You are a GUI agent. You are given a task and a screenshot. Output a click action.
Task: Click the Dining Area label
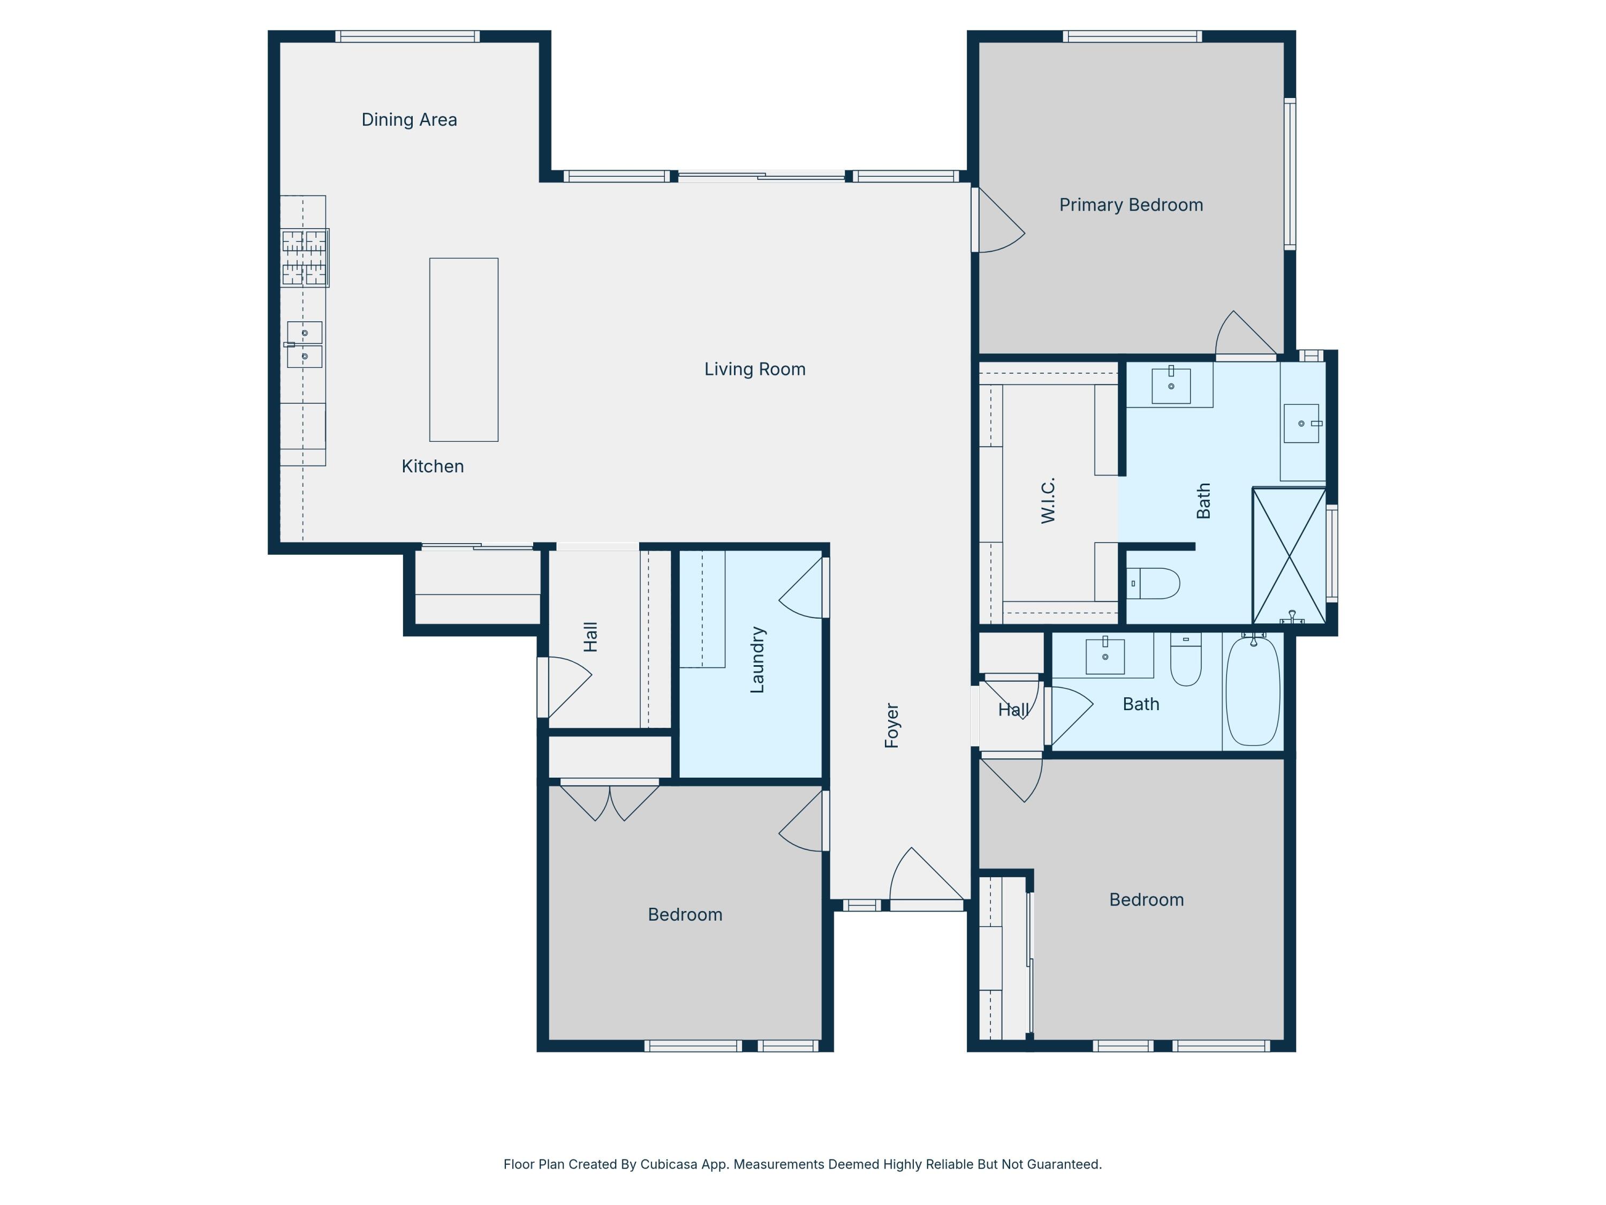(409, 120)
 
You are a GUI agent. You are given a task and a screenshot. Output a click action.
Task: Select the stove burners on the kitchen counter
(304, 258)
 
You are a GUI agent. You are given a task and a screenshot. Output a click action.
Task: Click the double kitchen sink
(304, 345)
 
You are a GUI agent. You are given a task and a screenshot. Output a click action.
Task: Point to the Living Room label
(754, 369)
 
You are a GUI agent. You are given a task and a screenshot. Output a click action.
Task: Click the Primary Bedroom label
(1131, 205)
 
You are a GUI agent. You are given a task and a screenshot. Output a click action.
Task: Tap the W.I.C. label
(1048, 500)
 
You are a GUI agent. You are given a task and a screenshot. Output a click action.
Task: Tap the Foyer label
(891, 725)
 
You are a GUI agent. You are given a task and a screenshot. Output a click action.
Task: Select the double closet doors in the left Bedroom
(609, 799)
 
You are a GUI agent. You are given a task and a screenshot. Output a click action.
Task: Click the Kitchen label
(432, 466)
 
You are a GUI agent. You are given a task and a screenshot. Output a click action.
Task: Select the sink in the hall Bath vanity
(1104, 656)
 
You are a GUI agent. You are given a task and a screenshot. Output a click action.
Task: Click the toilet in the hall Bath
(1186, 662)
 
